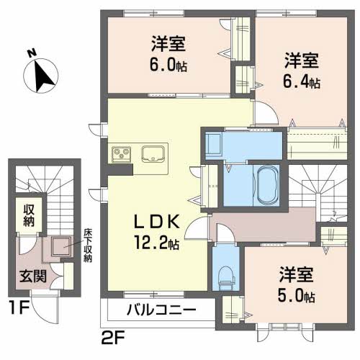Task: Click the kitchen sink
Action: pos(153,153)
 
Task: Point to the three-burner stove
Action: pos(121,154)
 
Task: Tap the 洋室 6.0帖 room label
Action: pos(168,54)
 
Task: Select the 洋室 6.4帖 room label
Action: pos(302,71)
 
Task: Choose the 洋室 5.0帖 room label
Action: pos(297,284)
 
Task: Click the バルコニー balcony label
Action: pos(161,310)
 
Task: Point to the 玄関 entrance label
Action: pos(32,276)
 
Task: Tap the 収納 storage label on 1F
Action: pos(29,215)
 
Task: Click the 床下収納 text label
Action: pos(88,245)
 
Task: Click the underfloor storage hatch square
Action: pos(62,246)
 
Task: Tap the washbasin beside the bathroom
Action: pos(214,143)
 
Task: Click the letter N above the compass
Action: pos(32,53)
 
